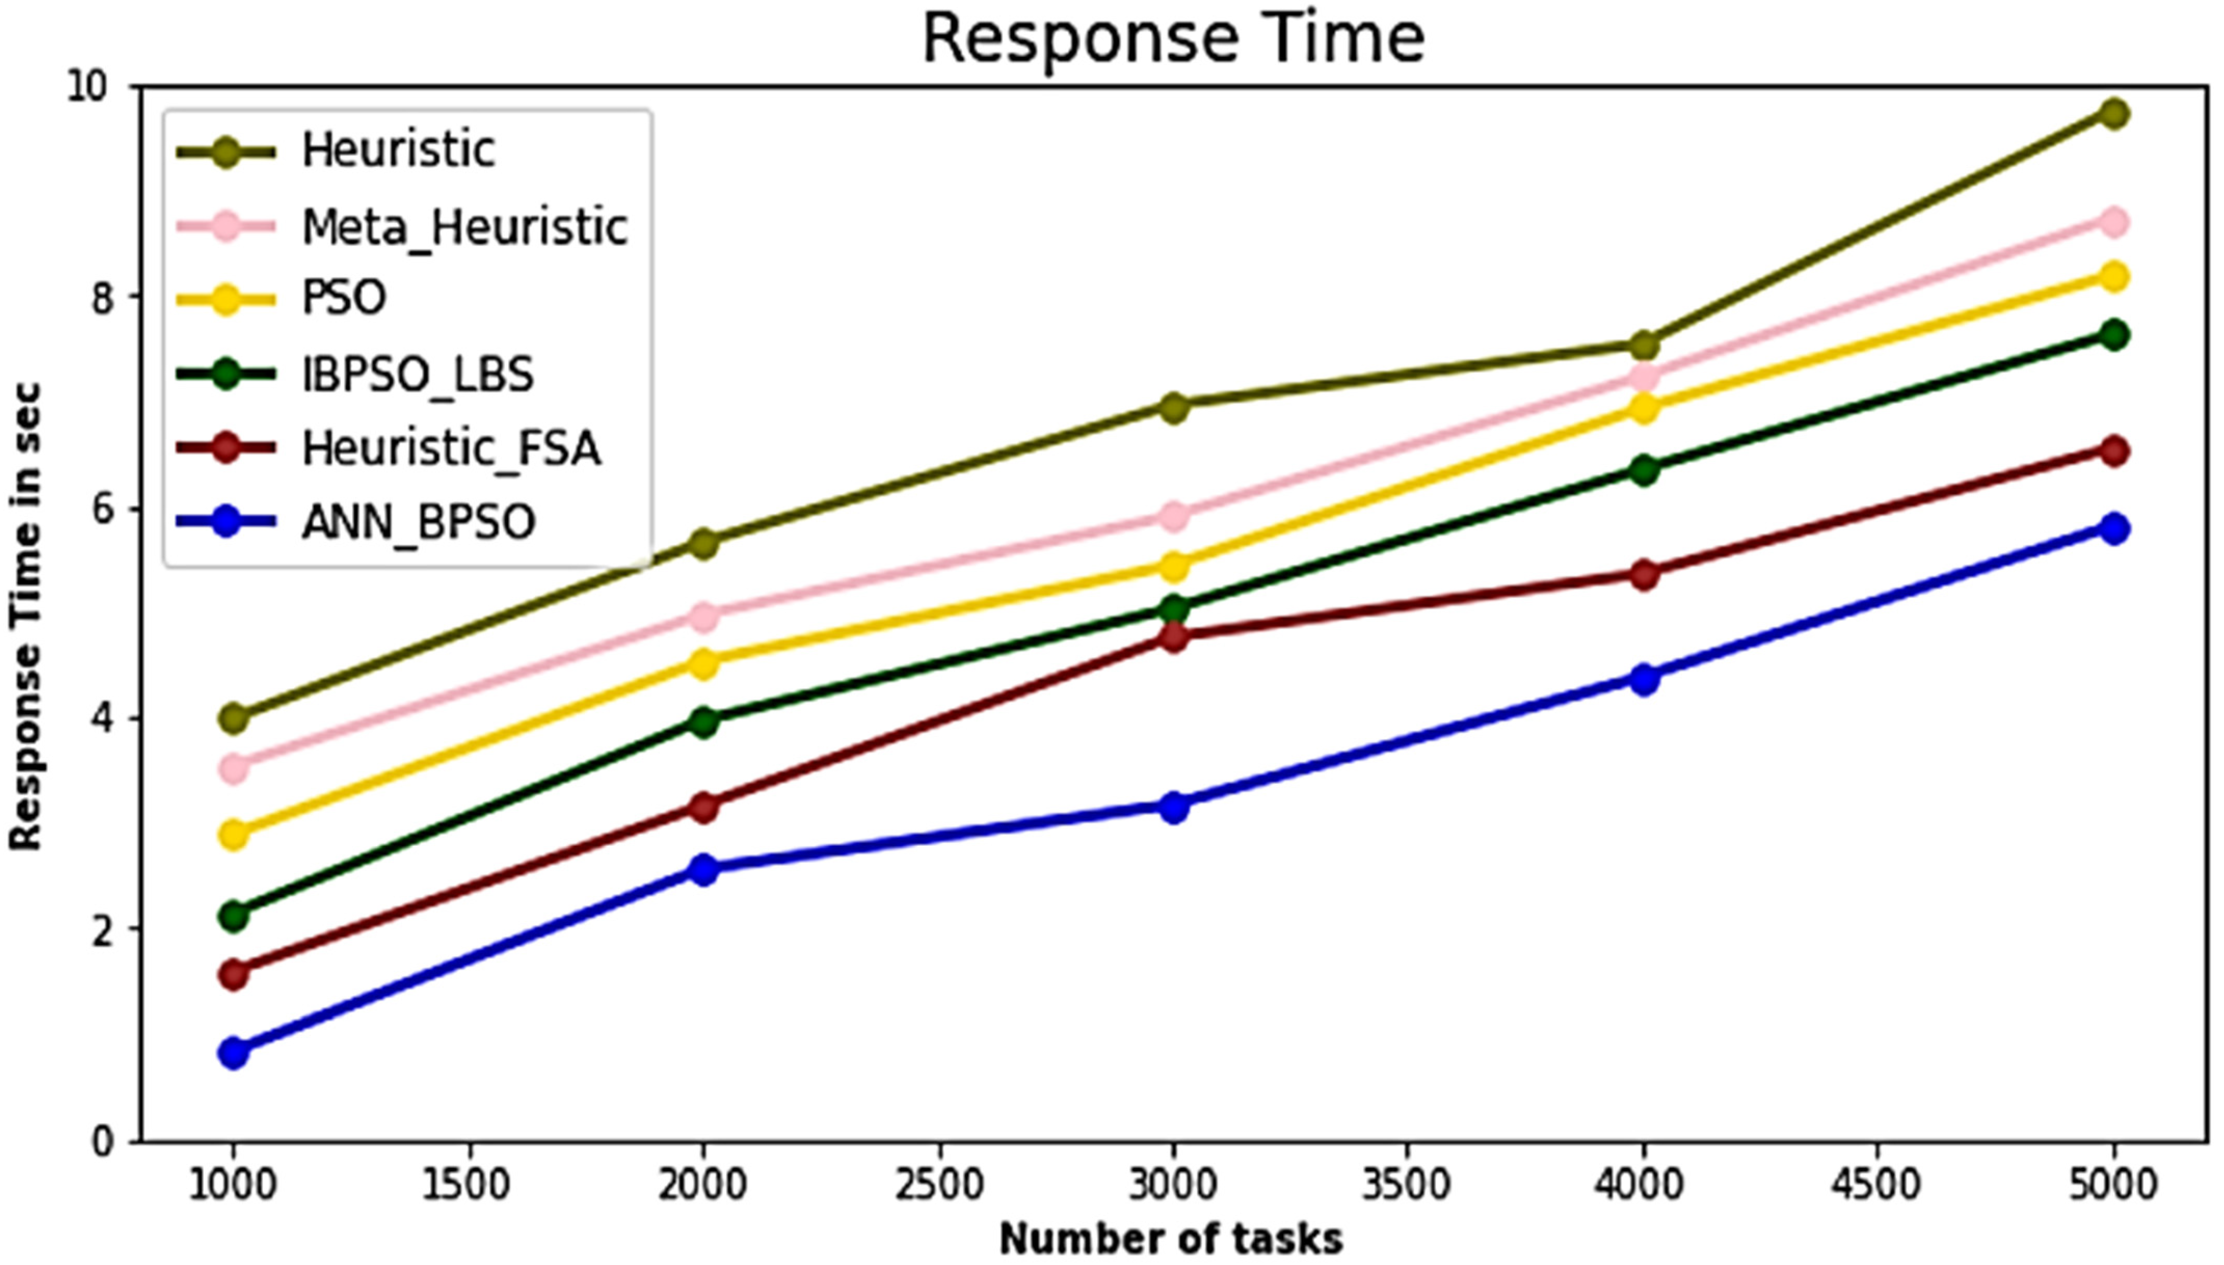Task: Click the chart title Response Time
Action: (1173, 39)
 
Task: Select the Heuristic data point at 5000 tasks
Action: (2114, 113)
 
